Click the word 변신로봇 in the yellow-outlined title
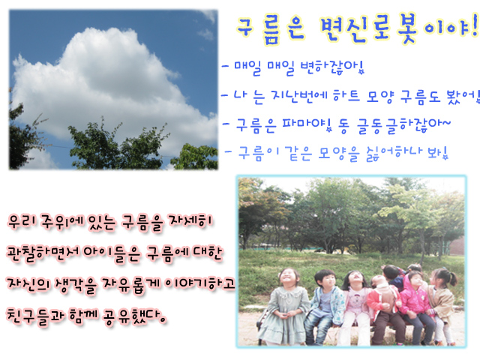pos(369,28)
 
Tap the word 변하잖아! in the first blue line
pos(332,67)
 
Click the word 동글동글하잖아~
pos(395,125)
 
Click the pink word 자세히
pos(190,222)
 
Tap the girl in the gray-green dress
pos(285,307)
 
